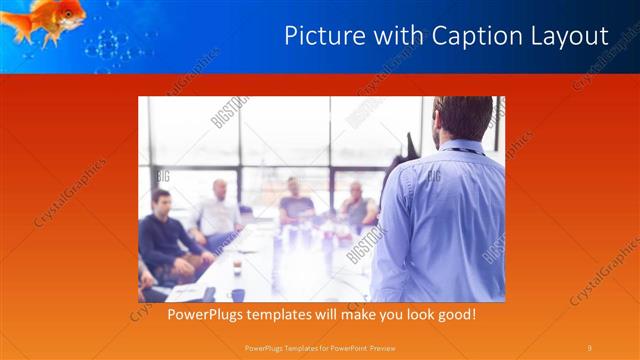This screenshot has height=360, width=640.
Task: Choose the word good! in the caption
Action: pyautogui.click(x=453, y=315)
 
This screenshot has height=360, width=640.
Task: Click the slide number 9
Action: pyautogui.click(x=589, y=347)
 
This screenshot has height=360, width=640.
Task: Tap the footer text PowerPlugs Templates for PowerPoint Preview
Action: pyautogui.click(x=319, y=347)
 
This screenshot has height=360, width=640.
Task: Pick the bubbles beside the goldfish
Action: pyautogui.click(x=110, y=44)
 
